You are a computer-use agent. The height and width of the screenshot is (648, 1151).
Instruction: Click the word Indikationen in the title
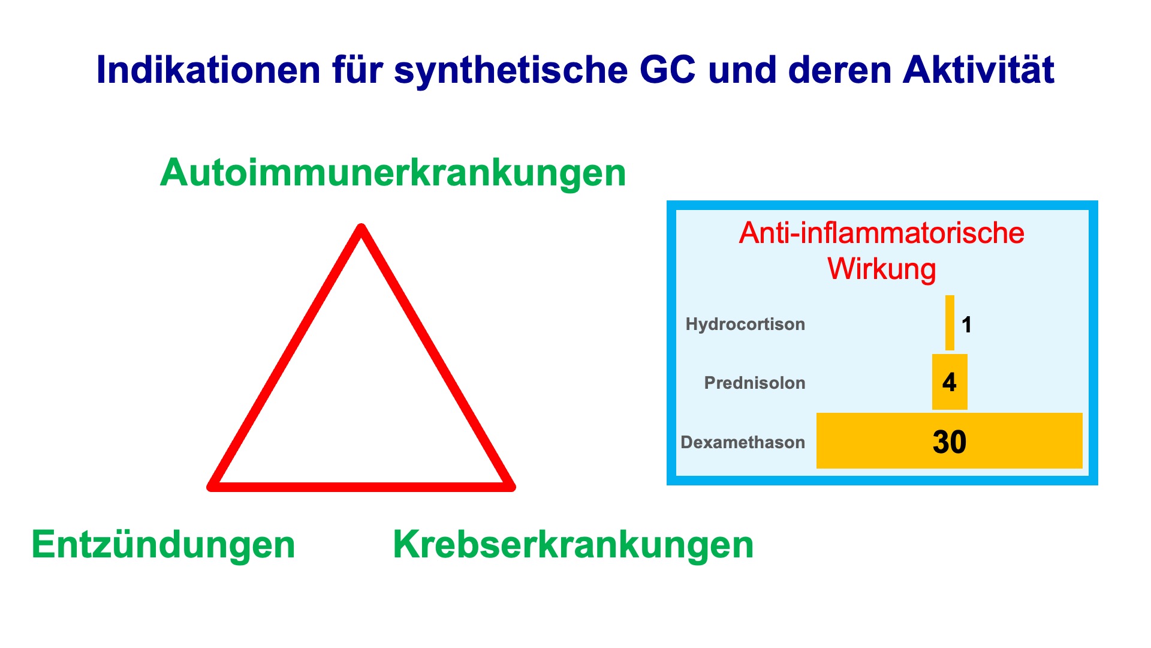[209, 70]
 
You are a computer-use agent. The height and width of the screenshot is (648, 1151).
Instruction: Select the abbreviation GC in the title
[668, 70]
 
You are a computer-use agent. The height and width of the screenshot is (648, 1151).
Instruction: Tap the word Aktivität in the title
[978, 70]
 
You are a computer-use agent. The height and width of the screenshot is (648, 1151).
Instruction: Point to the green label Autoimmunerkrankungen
[393, 173]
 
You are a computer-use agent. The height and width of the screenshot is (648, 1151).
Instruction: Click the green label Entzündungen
[164, 545]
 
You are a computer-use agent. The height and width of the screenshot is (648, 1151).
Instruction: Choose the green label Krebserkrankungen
[573, 545]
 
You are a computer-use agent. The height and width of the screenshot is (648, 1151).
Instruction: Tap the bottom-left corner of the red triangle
[211, 487]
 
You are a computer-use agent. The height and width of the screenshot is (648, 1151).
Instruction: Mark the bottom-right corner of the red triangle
[511, 487]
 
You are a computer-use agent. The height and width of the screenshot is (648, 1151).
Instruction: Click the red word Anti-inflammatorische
[882, 233]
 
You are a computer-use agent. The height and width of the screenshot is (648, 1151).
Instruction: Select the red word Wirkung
[882, 269]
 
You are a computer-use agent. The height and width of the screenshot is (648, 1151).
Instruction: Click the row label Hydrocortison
[745, 324]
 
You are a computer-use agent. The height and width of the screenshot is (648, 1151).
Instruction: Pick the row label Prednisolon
[755, 383]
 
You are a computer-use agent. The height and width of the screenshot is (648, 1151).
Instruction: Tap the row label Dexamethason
[743, 442]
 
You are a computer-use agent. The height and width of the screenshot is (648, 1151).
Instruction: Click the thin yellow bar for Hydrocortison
[950, 323]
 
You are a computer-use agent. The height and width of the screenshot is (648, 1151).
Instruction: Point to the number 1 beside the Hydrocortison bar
[966, 325]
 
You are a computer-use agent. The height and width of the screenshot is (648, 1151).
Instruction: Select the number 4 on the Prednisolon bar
[949, 382]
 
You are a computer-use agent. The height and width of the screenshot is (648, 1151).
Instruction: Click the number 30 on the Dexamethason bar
[950, 442]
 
